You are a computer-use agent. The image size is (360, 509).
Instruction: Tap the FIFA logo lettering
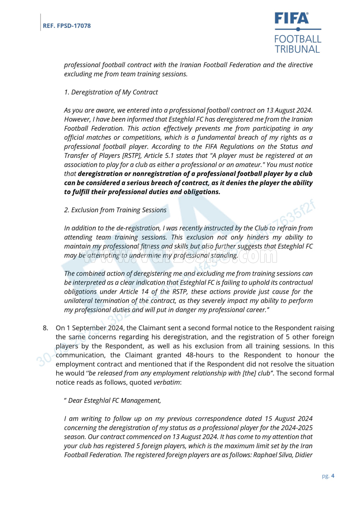point(291,19)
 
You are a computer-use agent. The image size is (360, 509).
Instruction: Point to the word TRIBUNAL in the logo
point(297,49)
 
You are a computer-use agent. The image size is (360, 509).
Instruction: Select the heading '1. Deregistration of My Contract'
point(111,92)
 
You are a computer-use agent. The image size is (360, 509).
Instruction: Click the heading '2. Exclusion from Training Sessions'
point(115,210)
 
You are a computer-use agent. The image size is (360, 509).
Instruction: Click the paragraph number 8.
point(45,328)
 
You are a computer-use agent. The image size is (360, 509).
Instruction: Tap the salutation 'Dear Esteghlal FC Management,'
point(115,400)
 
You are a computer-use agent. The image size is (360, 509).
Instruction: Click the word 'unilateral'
point(79,301)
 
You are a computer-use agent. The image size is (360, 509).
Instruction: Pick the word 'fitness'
point(142,246)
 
